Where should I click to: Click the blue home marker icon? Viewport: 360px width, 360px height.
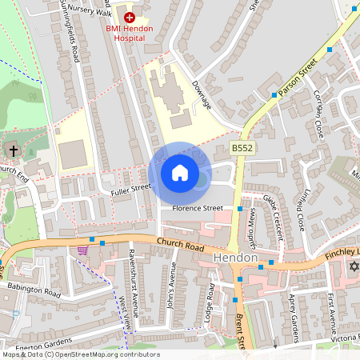coord(180,173)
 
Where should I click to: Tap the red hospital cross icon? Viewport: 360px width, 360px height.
coord(129,16)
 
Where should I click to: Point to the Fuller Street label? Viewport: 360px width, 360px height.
coord(131,187)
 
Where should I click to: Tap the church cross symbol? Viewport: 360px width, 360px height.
coord(14,150)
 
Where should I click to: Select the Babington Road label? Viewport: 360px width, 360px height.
coord(34,290)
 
